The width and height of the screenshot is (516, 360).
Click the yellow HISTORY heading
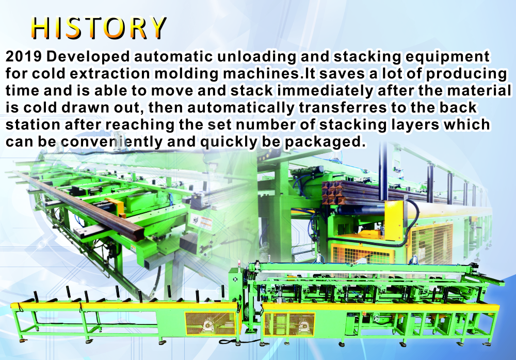99,28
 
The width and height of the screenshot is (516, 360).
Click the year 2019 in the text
23,56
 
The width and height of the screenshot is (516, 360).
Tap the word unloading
256,57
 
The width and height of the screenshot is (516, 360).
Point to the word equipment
447,57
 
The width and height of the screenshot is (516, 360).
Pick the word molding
186,74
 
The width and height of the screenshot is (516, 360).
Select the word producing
466,74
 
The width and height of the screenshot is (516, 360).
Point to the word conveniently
111,142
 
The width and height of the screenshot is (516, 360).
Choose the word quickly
229,142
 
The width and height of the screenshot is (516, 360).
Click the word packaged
325,143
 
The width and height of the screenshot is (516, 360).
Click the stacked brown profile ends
333,193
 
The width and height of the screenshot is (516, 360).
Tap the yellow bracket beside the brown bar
115,206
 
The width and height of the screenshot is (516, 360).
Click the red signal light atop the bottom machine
239,263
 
